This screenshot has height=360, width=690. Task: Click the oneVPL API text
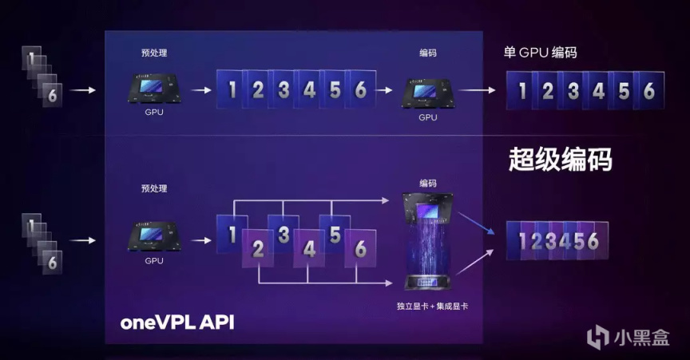tap(177, 322)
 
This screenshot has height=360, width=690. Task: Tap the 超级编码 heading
tap(560, 160)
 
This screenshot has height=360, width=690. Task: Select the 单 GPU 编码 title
tap(540, 53)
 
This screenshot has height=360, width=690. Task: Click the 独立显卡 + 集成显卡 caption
tap(432, 306)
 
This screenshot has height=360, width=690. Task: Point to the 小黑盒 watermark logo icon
tap(598, 337)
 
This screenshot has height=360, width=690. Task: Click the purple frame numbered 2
tap(258, 248)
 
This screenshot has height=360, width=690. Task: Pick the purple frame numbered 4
tap(309, 248)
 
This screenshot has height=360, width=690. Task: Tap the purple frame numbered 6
tap(360, 248)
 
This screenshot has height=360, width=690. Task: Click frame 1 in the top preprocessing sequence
tap(232, 89)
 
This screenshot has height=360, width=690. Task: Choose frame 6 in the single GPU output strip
tap(649, 91)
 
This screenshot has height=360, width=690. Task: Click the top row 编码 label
tap(428, 53)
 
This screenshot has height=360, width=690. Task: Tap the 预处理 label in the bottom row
tap(154, 188)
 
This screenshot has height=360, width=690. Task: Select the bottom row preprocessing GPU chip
tap(154, 236)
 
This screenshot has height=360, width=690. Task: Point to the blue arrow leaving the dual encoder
tap(476, 224)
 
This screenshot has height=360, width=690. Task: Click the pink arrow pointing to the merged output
tap(476, 262)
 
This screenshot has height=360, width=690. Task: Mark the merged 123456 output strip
tap(557, 241)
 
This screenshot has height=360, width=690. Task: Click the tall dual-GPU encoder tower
tap(426, 241)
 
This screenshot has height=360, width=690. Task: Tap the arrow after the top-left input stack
tap(82, 90)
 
